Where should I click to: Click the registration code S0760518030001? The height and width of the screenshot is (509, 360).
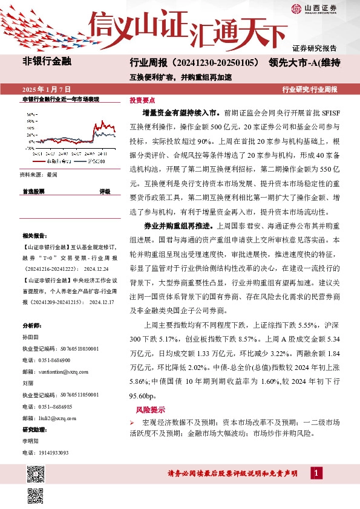tap(72, 348)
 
